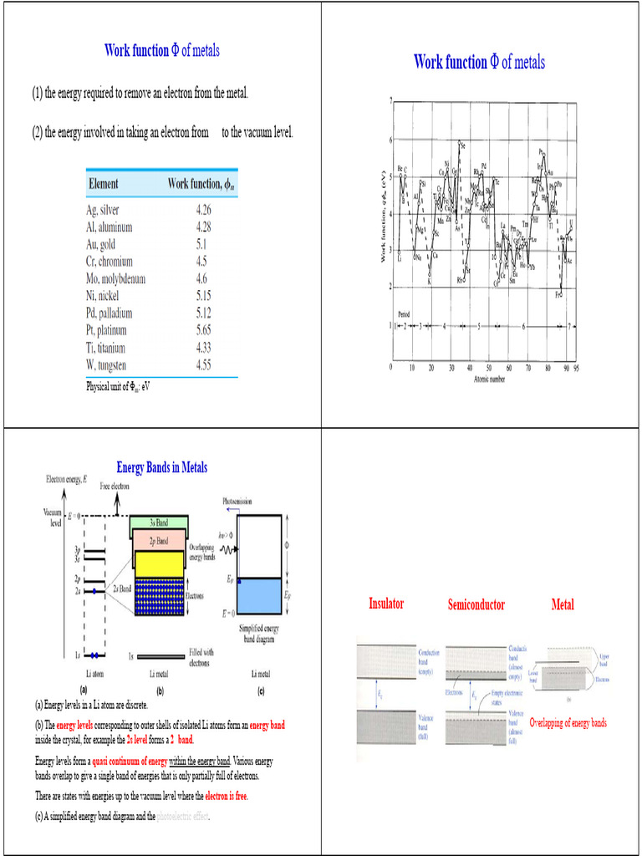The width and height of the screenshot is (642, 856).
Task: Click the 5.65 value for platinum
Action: point(204,330)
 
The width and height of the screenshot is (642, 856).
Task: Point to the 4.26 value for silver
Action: point(203,210)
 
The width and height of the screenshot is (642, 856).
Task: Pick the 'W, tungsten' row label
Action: point(106,365)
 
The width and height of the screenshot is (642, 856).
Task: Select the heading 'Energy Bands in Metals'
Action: point(161,467)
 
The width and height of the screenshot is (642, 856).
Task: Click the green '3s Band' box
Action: point(158,522)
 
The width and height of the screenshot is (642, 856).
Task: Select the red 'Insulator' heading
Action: point(386,604)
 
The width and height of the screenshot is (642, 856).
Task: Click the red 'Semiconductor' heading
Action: point(476,604)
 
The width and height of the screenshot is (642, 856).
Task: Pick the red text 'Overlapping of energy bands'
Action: point(568,722)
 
